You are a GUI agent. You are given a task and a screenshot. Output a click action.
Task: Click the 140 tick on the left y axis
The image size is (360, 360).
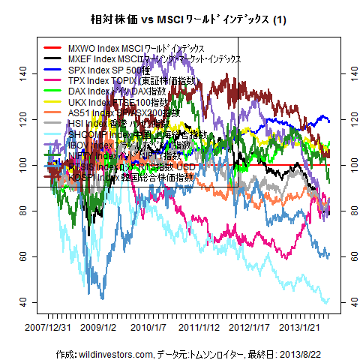(x=25, y=73)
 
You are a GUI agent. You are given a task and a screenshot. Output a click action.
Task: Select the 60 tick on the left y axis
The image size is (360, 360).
(x=25, y=256)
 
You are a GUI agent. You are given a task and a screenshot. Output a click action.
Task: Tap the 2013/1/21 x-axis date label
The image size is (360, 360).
(x=301, y=328)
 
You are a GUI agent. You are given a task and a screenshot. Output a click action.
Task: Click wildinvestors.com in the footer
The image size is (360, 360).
(x=114, y=352)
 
